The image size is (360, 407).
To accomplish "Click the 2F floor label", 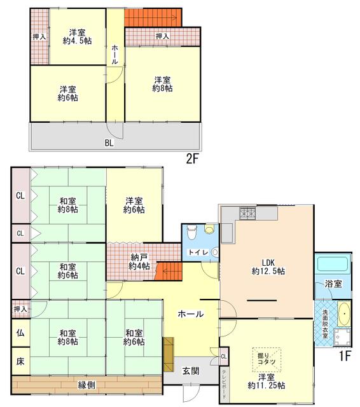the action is [192, 159].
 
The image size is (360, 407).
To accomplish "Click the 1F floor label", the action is [345, 356].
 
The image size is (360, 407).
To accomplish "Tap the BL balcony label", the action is [109, 142].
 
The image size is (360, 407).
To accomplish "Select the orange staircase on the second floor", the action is [153, 17].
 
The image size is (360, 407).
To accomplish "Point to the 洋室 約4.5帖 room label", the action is [77, 37].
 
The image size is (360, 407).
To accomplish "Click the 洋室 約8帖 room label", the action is [162, 84].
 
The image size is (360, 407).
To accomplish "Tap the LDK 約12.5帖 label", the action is [268, 267].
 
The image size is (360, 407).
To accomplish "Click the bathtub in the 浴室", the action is [333, 264].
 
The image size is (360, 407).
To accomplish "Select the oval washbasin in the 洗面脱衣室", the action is [344, 314].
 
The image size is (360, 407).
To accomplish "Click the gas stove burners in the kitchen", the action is [247, 213].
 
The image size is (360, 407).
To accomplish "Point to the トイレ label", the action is [198, 252].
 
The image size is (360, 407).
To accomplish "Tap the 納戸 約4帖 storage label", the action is [139, 261].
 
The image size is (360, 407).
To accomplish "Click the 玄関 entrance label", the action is [191, 371].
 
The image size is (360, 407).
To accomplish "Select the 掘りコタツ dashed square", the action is [267, 360].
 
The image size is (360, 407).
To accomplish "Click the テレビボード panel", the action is [225, 385].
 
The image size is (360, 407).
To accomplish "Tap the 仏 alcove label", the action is [20, 333].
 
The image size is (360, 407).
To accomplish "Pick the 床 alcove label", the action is [20, 361].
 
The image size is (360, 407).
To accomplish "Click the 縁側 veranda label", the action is [87, 385].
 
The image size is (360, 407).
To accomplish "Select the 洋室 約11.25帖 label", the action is [267, 382].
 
